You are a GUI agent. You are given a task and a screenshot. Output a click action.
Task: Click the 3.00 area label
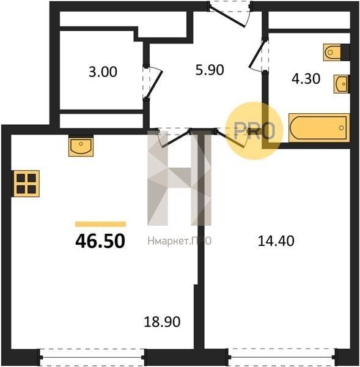(103, 72)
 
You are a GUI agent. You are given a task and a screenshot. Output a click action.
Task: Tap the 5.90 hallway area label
(210, 70)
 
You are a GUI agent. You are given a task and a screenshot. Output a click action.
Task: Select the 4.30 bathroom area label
(306, 79)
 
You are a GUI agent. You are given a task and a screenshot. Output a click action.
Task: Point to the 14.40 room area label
(276, 241)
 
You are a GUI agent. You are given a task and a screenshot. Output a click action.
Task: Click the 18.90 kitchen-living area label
(162, 322)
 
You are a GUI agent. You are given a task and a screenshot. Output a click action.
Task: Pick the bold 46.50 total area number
(100, 242)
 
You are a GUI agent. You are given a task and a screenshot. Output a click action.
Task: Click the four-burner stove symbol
(26, 183)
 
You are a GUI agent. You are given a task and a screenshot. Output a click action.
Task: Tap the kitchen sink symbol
(81, 146)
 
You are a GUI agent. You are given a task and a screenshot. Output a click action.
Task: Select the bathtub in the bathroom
(319, 128)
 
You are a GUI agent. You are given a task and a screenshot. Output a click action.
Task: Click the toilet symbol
(332, 52)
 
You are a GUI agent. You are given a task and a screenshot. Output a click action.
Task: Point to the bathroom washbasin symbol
(341, 84)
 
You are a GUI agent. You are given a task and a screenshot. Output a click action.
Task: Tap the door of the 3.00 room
(152, 83)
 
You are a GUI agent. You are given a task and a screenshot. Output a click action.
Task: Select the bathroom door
(259, 56)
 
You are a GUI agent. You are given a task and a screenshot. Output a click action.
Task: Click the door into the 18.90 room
(174, 138)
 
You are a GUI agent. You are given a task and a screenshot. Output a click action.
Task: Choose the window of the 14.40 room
(282, 358)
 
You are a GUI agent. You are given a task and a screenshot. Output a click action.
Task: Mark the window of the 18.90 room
(92, 358)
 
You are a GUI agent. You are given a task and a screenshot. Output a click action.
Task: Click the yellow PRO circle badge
(254, 131)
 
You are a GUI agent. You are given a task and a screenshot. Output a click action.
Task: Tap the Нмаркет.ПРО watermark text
(180, 241)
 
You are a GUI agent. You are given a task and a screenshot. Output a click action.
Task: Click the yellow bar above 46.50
(101, 224)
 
